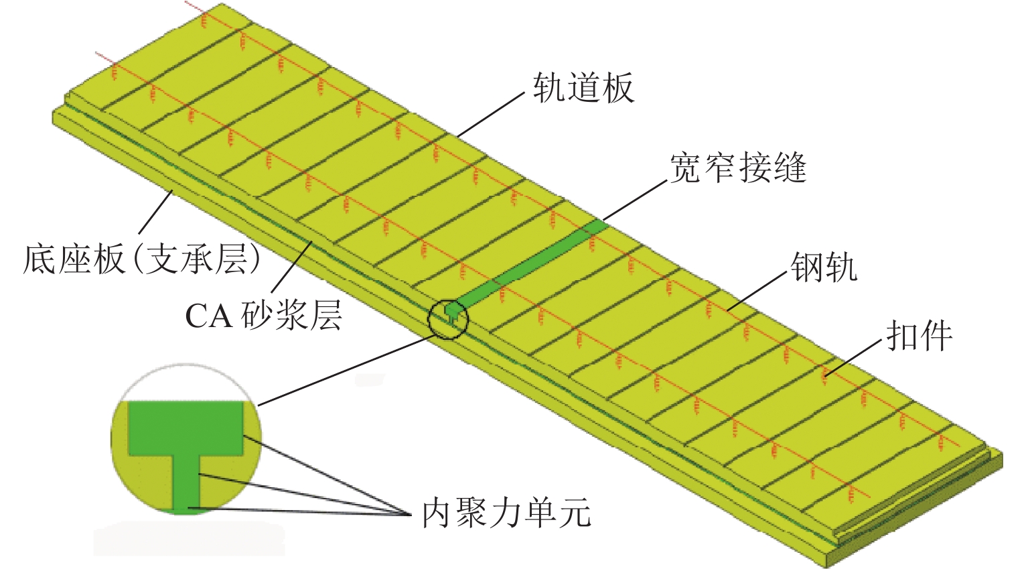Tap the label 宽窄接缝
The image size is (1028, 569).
737,168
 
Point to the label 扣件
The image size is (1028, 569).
918,335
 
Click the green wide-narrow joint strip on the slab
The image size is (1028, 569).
536,261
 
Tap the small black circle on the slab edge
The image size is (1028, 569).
447,318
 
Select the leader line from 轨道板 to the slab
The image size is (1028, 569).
489,115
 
